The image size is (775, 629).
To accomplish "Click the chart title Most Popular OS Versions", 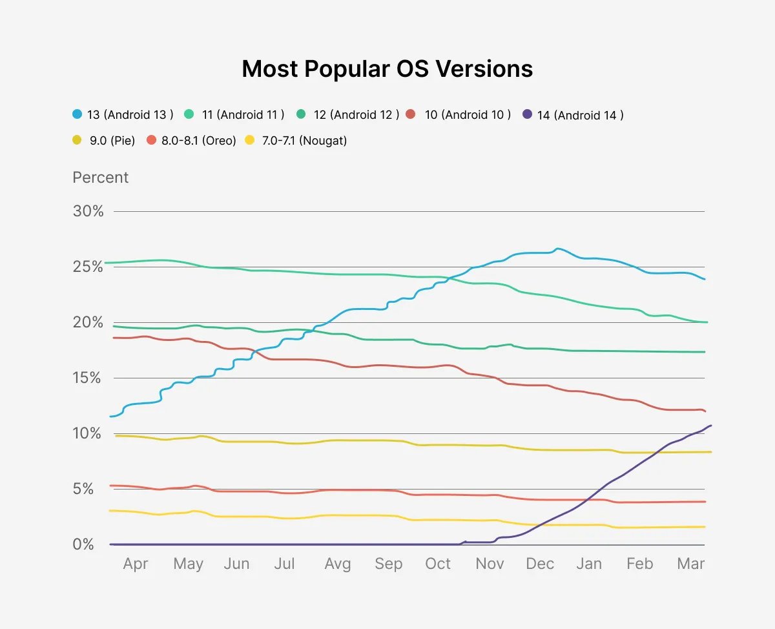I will pos(387,68).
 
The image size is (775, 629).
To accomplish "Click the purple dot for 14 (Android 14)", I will pos(528,115).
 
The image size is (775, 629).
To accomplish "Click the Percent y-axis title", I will pos(101,178).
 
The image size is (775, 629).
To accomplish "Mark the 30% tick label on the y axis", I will pos(88,211).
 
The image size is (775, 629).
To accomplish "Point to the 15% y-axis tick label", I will pos(88,378).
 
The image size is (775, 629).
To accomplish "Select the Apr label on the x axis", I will pos(136,564).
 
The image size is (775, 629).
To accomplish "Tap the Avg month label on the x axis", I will pos(337,564).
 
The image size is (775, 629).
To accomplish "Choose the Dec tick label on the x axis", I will pos(540,564).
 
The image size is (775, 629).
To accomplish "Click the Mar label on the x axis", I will pos(691,564).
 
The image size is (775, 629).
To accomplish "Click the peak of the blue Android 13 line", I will pos(557,249).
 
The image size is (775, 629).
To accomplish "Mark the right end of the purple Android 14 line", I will pos(710,426).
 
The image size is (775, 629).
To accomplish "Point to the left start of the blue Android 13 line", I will pos(111,417).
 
